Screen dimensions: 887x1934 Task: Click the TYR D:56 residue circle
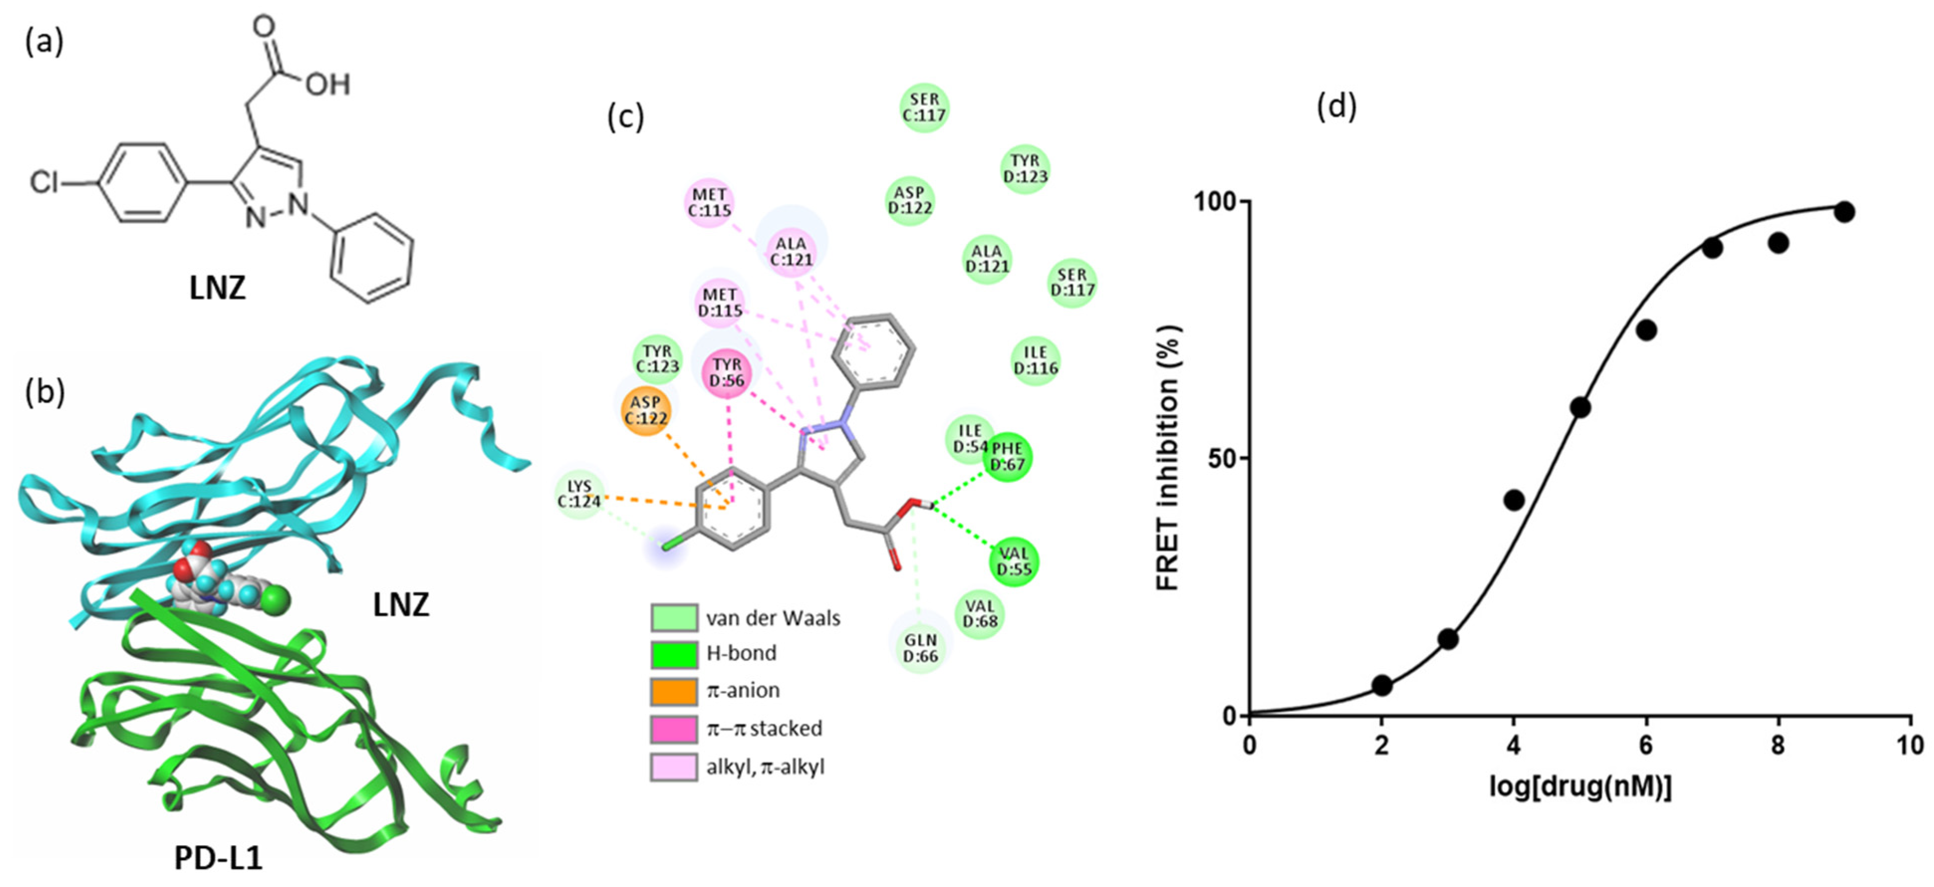(x=727, y=373)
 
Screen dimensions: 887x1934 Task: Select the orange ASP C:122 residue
(x=646, y=411)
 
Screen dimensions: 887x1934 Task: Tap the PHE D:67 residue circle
(x=1007, y=456)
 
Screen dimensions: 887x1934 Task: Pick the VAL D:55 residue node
(x=1013, y=561)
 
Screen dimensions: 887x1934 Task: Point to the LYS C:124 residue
(x=580, y=494)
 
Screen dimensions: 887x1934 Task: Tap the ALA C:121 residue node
(x=791, y=251)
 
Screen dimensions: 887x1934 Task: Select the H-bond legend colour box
(x=673, y=654)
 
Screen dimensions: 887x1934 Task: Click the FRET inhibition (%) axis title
(x=1168, y=458)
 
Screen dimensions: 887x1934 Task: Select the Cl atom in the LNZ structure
(x=43, y=182)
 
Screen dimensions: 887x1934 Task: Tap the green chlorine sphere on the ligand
(x=278, y=599)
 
